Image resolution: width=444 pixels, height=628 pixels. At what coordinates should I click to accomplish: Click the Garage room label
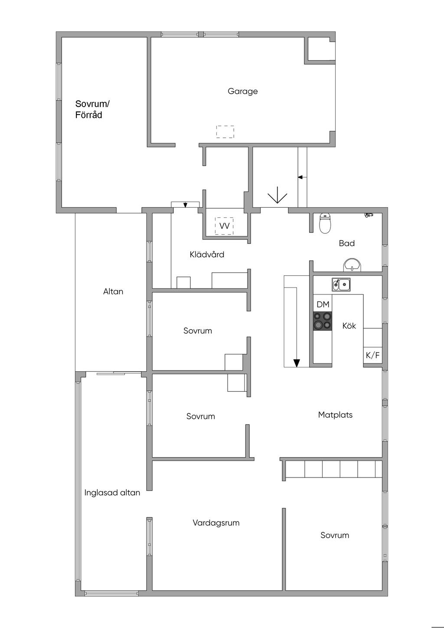[x=242, y=92]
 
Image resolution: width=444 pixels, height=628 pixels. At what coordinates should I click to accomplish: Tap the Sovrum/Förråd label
[x=92, y=109]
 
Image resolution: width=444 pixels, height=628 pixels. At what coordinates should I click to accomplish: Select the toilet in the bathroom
[x=325, y=223]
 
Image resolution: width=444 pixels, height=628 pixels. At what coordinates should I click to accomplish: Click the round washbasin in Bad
[x=353, y=265]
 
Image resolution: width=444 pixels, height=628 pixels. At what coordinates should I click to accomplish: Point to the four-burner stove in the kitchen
[x=322, y=321]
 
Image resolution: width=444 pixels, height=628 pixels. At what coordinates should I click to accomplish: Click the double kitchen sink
[x=341, y=285]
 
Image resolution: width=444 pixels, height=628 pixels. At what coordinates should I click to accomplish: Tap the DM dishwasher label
[x=323, y=304]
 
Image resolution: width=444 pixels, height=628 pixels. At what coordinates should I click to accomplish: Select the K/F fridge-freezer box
[x=373, y=356]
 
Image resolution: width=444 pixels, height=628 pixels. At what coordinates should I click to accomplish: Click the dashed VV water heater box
[x=224, y=226]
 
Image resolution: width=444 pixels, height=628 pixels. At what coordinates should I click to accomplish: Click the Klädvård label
[x=207, y=255]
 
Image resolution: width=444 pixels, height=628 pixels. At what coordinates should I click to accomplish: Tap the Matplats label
[x=335, y=415]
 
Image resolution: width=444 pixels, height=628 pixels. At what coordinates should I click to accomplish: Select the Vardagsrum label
[x=216, y=523]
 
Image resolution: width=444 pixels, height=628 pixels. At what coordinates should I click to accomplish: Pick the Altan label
[x=113, y=291]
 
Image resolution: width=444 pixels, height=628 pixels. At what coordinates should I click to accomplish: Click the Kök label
[x=349, y=326]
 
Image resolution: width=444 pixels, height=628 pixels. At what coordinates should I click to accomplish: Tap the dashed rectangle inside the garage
[x=225, y=132]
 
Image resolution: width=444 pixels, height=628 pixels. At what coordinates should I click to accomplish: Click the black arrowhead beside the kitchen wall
[x=297, y=363]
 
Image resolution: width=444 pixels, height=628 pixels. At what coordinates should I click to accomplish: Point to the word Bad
[x=347, y=243]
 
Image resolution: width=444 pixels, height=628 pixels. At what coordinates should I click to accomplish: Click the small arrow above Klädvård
[x=185, y=205]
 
